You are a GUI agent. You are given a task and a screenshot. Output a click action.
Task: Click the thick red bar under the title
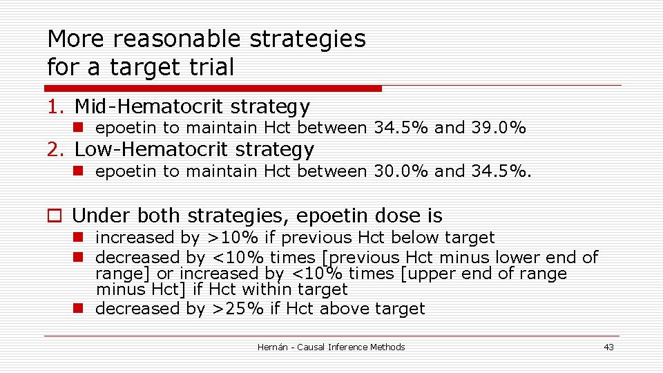coord(213,88)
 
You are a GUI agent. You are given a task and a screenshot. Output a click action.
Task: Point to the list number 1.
coord(55,107)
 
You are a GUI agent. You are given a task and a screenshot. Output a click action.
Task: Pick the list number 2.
coord(56,149)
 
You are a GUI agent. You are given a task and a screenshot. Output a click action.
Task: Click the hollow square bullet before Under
coord(53,217)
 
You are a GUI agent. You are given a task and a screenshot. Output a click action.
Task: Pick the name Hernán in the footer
coord(273,347)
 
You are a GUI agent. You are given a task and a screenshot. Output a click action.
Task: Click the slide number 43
coord(608,347)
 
